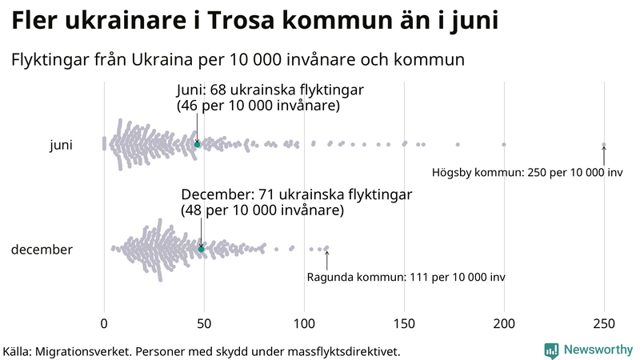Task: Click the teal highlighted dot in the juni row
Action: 198,144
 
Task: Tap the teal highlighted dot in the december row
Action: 202,249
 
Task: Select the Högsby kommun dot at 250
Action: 604,145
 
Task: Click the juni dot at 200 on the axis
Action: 504,144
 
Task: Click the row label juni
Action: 61,145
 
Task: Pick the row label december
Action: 42,250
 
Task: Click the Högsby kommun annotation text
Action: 527,173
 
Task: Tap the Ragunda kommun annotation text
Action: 406,277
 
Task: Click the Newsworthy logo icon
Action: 551,350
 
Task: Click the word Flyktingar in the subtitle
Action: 49,59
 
